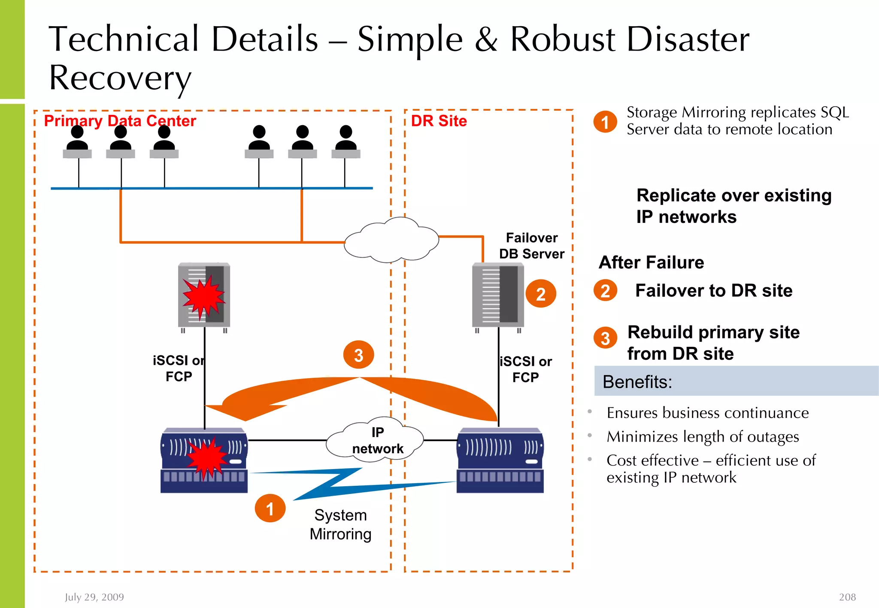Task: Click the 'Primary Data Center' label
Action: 120,121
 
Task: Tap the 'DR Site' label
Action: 439,121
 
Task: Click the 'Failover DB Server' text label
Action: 531,246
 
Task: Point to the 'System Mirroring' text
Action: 340,524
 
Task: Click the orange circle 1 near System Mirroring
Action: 270,509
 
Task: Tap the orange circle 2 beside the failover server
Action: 540,294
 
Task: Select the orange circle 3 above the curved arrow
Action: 358,355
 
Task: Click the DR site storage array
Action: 500,461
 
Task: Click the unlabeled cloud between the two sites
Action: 391,240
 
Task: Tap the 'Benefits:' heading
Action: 637,382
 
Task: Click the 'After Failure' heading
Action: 651,262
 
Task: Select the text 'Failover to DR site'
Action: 713,291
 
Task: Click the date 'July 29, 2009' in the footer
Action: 94,597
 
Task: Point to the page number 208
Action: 847,597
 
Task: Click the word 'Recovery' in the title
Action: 120,78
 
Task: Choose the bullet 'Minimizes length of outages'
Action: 703,436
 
